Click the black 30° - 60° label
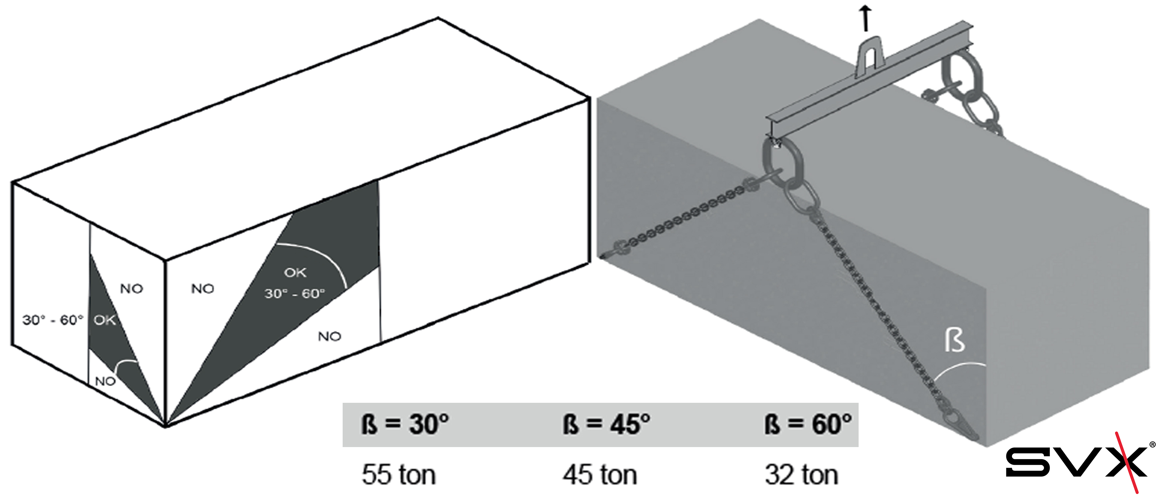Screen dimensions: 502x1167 point(53,320)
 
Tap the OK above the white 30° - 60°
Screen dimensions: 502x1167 point(295,273)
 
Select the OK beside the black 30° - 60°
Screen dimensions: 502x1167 point(105,320)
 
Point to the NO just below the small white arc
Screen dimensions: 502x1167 point(105,381)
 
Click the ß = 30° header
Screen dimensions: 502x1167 point(405,424)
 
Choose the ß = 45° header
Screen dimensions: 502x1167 point(606,424)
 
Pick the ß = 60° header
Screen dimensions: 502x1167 point(808,424)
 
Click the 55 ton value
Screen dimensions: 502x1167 point(399,475)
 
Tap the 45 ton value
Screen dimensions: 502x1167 point(600,475)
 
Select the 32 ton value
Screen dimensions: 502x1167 point(801,475)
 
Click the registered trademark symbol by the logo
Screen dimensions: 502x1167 point(1152,445)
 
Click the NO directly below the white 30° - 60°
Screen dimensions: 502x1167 point(329,336)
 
